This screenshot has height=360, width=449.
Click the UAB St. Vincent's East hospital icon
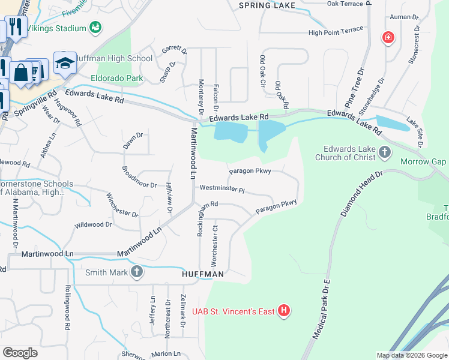point(285,311)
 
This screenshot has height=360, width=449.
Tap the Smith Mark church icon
point(137,272)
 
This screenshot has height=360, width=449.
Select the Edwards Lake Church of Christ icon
point(385,154)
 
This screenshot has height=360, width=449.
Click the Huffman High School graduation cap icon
point(64,61)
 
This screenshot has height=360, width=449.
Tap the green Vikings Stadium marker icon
point(95,27)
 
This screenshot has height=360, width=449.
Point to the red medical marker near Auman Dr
point(388,38)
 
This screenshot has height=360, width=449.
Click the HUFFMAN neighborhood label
point(203,274)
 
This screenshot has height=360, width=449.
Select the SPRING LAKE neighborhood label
point(267,5)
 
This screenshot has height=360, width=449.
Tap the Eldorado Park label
point(116,78)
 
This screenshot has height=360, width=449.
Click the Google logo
point(20,352)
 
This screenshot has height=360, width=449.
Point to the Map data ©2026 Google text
point(411,355)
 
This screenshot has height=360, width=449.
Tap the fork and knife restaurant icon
point(15,26)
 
